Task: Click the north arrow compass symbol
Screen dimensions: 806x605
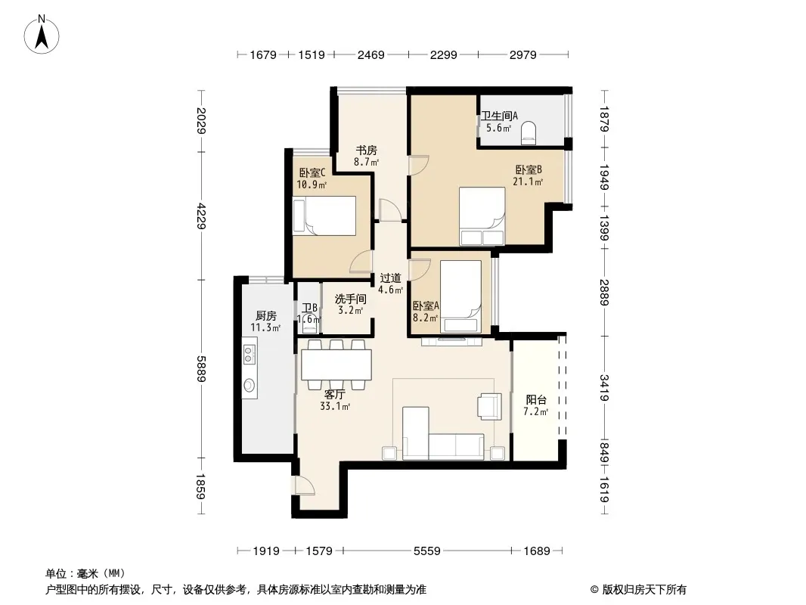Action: pyautogui.click(x=41, y=35)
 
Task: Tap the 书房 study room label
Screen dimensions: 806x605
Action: pyautogui.click(x=366, y=150)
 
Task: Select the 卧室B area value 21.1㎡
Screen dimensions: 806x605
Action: pyautogui.click(x=528, y=181)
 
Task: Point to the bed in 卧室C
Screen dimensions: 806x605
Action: pyautogui.click(x=324, y=216)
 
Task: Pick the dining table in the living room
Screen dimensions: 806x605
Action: pyautogui.click(x=336, y=365)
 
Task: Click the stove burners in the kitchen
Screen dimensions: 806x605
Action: pyautogui.click(x=250, y=354)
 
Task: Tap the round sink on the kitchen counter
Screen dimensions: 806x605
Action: pyautogui.click(x=250, y=385)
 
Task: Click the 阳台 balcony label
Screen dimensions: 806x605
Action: pyautogui.click(x=536, y=399)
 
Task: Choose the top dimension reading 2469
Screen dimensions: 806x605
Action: pyautogui.click(x=370, y=54)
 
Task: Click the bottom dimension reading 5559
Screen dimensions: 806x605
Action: pyautogui.click(x=426, y=551)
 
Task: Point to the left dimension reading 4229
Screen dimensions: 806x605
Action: pyautogui.click(x=200, y=216)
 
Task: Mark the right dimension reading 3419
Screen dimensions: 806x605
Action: pyautogui.click(x=605, y=388)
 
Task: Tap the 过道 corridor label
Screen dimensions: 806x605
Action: pyautogui.click(x=390, y=278)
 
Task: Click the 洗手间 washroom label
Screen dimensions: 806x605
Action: pyautogui.click(x=351, y=299)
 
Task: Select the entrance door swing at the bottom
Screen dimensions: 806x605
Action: pyautogui.click(x=303, y=486)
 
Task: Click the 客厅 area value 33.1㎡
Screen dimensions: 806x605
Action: pyautogui.click(x=335, y=407)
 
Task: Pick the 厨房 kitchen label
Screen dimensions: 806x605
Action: pyautogui.click(x=265, y=315)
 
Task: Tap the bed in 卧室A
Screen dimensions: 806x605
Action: pyautogui.click(x=460, y=296)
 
